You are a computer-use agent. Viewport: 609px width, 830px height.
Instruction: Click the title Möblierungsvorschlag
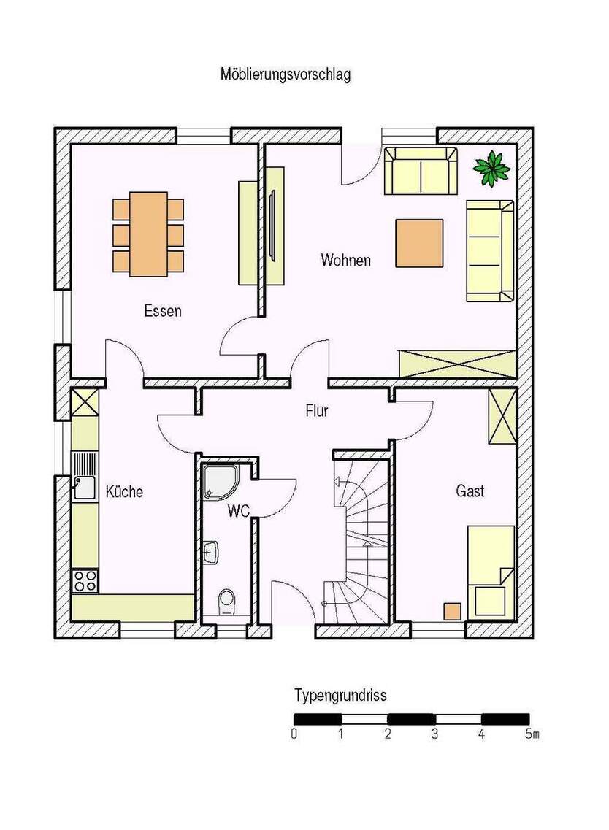286,74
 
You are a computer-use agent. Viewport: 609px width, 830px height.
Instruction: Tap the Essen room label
163,311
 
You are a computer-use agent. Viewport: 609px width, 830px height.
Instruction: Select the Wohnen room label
345,261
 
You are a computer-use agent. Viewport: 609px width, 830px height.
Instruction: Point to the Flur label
317,411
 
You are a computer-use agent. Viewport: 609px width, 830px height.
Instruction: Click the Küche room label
124,491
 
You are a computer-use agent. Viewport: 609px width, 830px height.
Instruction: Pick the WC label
238,511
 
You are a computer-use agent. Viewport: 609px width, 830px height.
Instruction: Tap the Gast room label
470,491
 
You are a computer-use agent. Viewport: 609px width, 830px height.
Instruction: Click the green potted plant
491,168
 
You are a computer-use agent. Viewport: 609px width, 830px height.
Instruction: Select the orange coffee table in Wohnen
419,244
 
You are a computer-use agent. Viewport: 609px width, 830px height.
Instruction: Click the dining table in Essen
148,234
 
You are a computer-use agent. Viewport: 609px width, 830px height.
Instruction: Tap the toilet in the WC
226,602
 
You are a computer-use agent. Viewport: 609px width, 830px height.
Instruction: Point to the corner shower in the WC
221,482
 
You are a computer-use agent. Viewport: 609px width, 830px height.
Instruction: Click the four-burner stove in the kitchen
85,580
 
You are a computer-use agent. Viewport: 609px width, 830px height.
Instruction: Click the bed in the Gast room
491,572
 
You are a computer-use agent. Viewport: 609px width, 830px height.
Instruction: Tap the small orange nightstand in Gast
452,612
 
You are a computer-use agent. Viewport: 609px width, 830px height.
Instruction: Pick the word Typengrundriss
340,696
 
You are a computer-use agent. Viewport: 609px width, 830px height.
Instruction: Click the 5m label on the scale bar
532,734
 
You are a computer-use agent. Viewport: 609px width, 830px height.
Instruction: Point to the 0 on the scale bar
294,734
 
